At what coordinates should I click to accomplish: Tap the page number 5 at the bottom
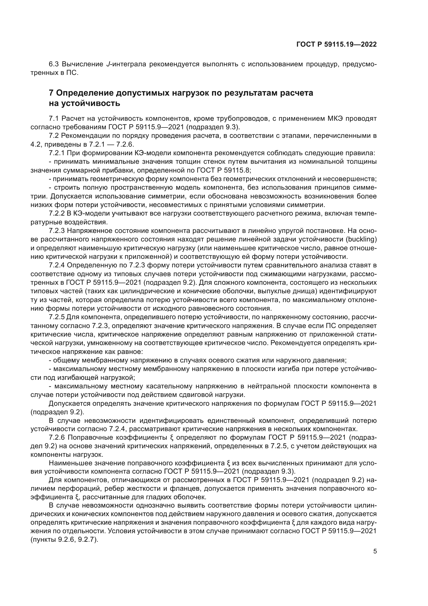pos(375,551)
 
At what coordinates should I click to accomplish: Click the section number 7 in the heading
pos(51,93)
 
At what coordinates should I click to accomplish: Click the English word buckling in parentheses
pos(360,239)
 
